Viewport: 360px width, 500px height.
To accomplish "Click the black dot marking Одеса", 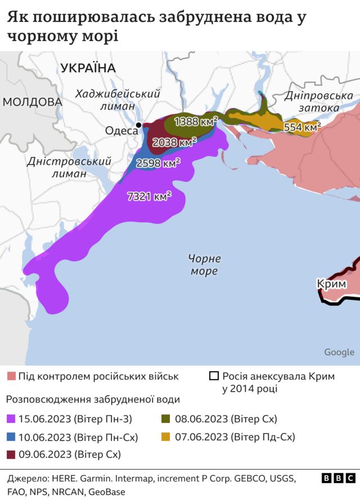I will pyautogui.click(x=139, y=125).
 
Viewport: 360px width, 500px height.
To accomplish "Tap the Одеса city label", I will pyautogui.click(x=121, y=130).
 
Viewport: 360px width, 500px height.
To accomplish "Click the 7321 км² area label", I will pyautogui.click(x=150, y=196).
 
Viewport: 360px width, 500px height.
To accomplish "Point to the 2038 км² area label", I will pyautogui.click(x=175, y=142).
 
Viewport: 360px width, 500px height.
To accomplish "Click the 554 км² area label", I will pyautogui.click(x=302, y=127).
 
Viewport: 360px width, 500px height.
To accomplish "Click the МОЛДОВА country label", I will pyautogui.click(x=31, y=102).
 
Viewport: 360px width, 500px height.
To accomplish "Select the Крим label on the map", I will pyautogui.click(x=331, y=284).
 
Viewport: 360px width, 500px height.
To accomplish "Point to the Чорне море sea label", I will pyautogui.click(x=204, y=265).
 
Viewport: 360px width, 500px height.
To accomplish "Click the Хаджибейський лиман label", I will pyautogui.click(x=118, y=100).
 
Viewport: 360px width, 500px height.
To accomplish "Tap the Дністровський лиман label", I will pyautogui.click(x=61, y=168).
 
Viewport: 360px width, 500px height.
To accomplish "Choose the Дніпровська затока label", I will pyautogui.click(x=318, y=102).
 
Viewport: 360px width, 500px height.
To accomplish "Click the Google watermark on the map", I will pyautogui.click(x=339, y=352).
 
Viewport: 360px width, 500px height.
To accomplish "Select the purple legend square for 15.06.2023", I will pyautogui.click(x=11, y=419).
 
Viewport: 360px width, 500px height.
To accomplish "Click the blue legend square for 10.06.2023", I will pyautogui.click(x=11, y=436).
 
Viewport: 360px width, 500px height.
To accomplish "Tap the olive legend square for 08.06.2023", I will pyautogui.click(x=166, y=419).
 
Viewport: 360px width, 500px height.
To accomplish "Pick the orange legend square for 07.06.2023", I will pyautogui.click(x=166, y=436).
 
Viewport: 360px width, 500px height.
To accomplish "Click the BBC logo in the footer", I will pyautogui.click(x=338, y=478).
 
